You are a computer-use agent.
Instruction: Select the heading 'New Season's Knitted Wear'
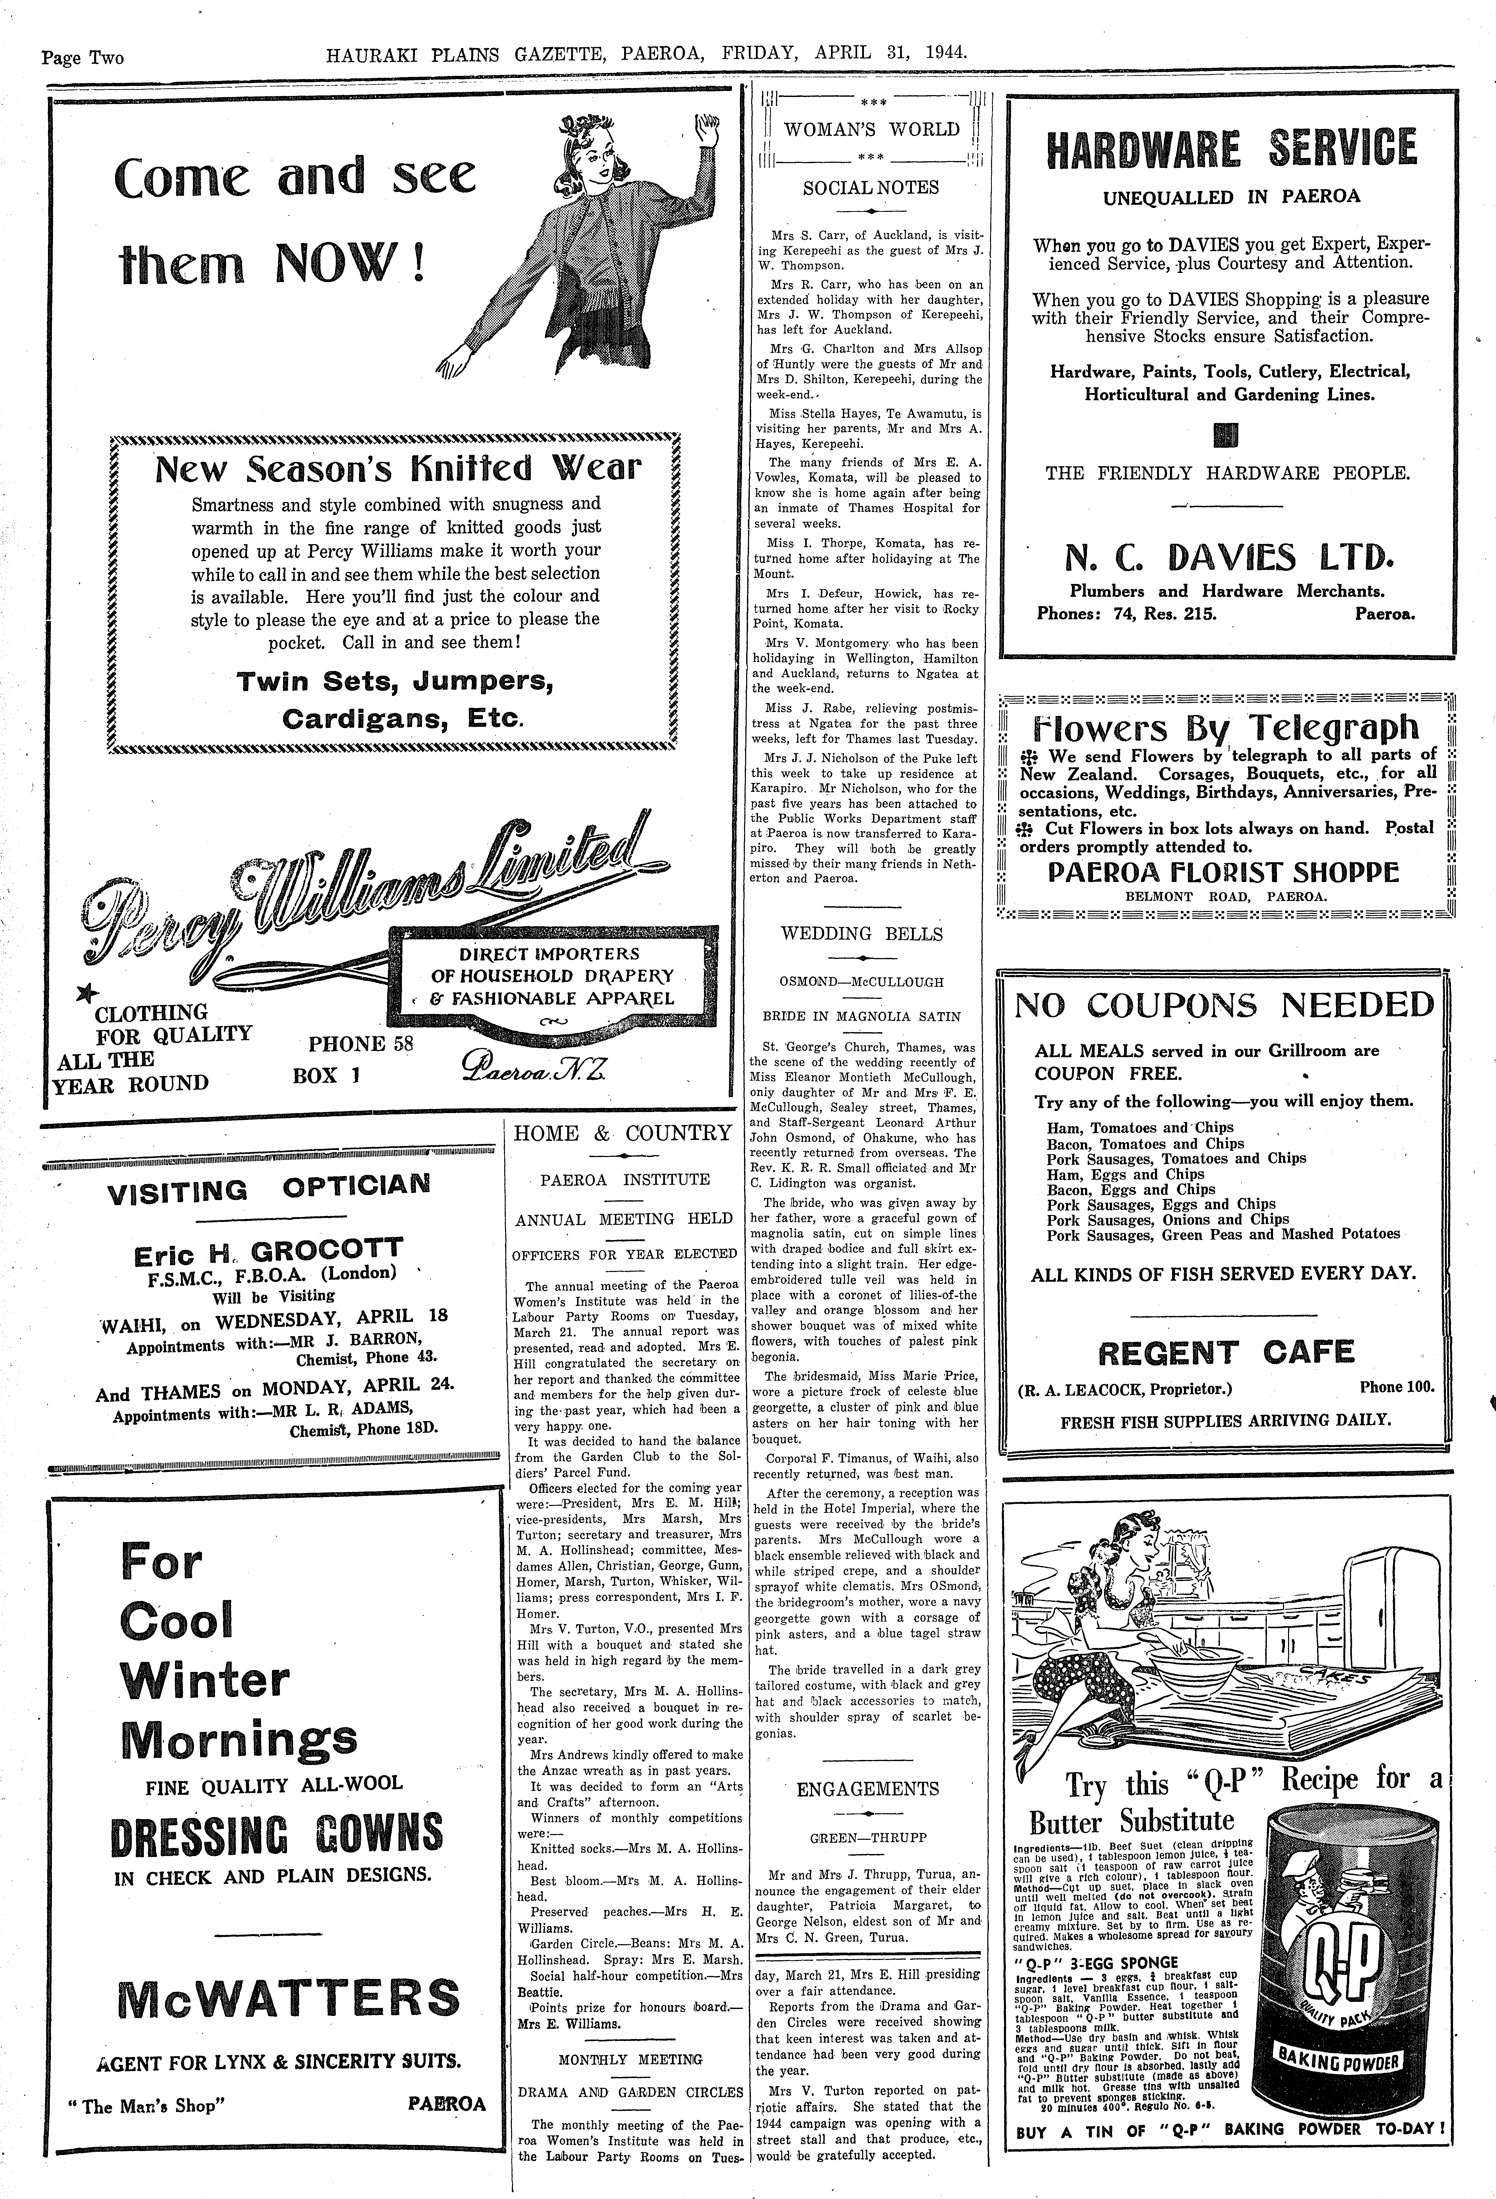397,468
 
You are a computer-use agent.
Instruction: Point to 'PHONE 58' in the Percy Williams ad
361,1044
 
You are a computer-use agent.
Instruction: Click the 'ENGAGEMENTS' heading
868,1788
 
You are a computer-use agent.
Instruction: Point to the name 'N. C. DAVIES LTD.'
1227,557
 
